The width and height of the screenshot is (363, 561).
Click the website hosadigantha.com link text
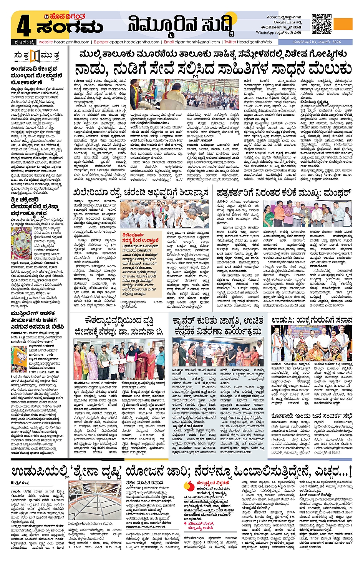point(64,42)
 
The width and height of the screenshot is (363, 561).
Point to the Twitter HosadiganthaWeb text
point(248,42)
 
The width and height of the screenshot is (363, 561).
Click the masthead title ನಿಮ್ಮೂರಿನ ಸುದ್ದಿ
point(181,25)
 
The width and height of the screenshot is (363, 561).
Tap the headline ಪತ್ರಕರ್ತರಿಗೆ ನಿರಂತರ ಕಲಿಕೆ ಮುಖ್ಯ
point(283,192)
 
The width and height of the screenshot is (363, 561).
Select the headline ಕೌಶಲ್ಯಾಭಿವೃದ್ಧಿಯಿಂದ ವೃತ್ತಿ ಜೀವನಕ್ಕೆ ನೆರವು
point(119,325)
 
